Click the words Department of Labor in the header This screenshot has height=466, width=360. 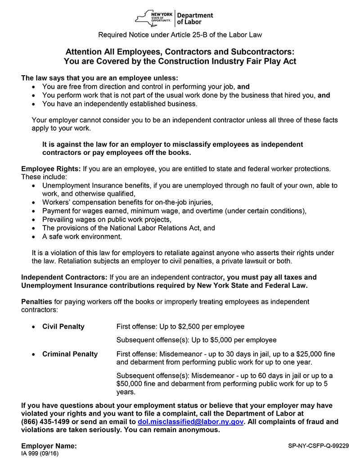194,18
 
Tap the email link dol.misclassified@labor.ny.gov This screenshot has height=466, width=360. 190,422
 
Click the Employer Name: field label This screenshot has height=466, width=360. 49,446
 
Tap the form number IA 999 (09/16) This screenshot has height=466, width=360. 40,453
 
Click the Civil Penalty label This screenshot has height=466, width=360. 63,326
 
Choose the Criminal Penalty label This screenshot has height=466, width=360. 70,354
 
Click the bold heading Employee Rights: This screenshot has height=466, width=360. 51,169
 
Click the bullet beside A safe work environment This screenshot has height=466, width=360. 35,237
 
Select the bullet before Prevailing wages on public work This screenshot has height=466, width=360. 35,220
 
